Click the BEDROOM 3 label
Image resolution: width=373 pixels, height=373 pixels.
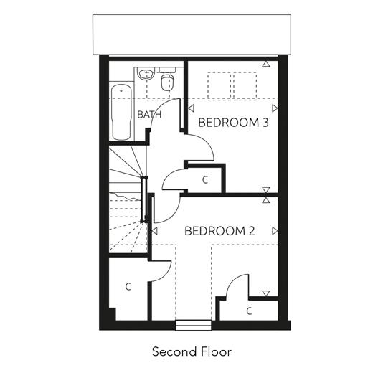(x=233, y=123)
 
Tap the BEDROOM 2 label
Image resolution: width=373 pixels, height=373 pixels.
(x=219, y=231)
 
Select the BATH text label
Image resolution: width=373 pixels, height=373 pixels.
(x=149, y=115)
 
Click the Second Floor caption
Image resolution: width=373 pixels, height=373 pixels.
(x=192, y=351)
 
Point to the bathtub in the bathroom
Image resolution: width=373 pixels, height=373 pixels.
(x=122, y=112)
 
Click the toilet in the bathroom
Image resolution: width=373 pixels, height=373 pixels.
(x=167, y=80)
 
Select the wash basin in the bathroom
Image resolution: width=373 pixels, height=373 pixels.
(x=146, y=74)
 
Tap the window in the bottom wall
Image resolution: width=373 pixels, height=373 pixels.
(x=194, y=325)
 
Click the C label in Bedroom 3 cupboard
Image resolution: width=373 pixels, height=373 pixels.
(x=205, y=180)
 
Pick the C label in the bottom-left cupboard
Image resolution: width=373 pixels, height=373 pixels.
(x=128, y=286)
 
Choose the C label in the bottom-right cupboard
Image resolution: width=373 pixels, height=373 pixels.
(x=249, y=311)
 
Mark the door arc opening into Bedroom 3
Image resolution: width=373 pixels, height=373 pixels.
(x=207, y=143)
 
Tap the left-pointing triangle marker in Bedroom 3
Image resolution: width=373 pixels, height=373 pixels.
(x=191, y=108)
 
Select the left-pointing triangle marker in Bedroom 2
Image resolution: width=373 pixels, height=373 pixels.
(x=154, y=231)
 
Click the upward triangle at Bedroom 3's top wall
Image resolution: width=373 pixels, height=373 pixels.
(x=266, y=64)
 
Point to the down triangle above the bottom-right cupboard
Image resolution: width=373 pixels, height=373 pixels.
(x=266, y=293)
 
